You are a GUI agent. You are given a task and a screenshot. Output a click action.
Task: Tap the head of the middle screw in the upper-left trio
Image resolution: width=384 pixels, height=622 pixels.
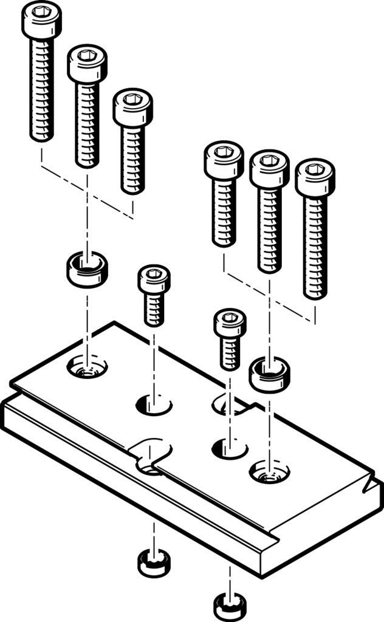87,63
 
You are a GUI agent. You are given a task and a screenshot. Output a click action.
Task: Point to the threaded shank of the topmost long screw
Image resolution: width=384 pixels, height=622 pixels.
41,91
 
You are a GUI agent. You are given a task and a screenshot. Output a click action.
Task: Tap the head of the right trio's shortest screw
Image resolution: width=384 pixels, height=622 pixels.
224,159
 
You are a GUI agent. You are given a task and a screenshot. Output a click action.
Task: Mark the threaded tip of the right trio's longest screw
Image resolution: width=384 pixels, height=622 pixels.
315,285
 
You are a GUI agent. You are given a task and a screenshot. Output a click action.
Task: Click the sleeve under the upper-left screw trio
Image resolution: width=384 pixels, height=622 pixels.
87,270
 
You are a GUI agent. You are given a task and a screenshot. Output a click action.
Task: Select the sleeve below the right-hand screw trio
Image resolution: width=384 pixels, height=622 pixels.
269,374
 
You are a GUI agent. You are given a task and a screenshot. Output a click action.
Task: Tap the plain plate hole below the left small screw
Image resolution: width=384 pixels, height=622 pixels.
154,404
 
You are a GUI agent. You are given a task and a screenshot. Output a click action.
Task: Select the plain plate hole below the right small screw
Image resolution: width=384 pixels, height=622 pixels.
229,450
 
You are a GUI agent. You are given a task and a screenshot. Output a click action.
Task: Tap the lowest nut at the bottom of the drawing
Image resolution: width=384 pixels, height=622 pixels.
230,606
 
